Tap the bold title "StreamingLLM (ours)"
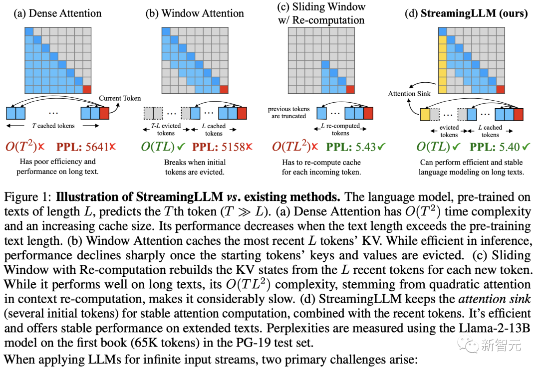pyautogui.click(x=474, y=13)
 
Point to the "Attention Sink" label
pyautogui.click(x=409, y=93)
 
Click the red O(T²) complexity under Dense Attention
pyautogui.click(x=23, y=147)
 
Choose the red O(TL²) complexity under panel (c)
pyautogui.click(x=292, y=147)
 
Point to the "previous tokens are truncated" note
pyautogui.click(x=288, y=113)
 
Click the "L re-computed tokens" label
pyautogui.click(x=341, y=130)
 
